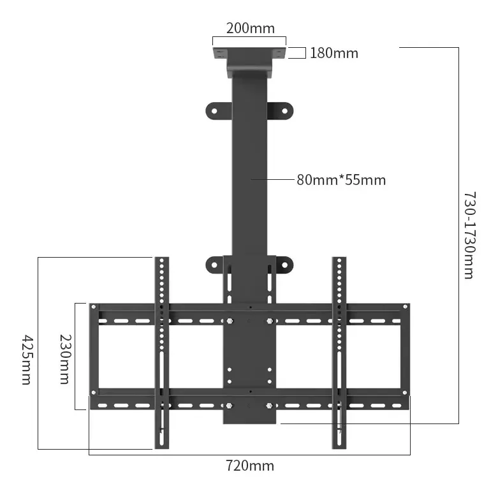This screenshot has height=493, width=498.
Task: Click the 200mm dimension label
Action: (x=250, y=28)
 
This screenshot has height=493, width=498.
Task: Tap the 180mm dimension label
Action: (x=333, y=53)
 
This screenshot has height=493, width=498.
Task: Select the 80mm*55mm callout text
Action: (x=341, y=180)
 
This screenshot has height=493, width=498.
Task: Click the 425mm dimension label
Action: (x=27, y=359)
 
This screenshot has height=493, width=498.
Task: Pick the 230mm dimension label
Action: (x=66, y=359)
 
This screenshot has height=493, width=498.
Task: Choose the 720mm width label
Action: (x=249, y=466)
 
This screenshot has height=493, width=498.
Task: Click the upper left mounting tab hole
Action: (x=214, y=111)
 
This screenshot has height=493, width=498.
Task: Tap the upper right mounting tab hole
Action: (x=284, y=111)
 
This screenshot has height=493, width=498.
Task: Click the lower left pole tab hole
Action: (x=214, y=265)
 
